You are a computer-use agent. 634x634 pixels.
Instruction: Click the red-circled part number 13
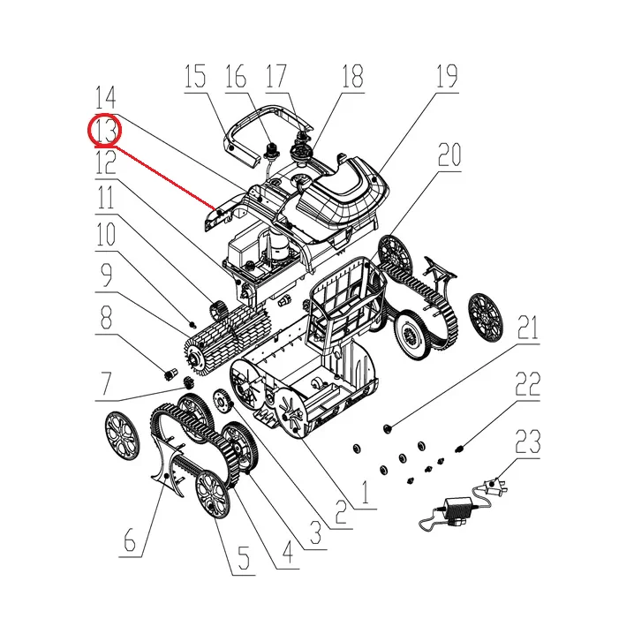click(105, 130)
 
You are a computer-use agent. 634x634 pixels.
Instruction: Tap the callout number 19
click(447, 76)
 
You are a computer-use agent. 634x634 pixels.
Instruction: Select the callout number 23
click(528, 442)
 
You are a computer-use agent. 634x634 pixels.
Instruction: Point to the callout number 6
click(130, 540)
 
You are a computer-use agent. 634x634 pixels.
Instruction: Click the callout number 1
click(366, 493)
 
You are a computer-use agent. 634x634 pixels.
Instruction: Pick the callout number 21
click(528, 328)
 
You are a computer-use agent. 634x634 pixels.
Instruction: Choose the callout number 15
click(195, 76)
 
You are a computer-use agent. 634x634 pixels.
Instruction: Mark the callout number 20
click(449, 155)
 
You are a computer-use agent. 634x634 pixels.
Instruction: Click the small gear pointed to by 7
click(187, 381)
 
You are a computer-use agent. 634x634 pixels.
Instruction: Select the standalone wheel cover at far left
click(122, 436)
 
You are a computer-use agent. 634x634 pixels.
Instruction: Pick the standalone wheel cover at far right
click(485, 317)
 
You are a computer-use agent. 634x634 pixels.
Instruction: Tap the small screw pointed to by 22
click(458, 449)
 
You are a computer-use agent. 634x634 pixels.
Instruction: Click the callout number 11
click(105, 197)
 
